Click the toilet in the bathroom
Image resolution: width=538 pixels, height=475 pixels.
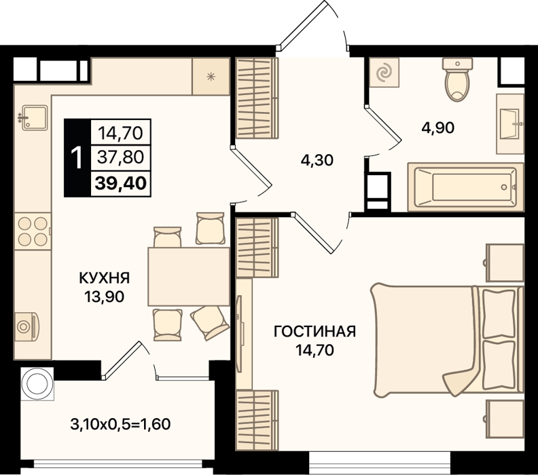point(457,79)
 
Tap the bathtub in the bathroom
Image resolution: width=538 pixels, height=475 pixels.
point(465,187)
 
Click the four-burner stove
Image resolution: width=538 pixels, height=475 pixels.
point(33,231)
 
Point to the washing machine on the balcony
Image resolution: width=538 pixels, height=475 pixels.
point(37,384)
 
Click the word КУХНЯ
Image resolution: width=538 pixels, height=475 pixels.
point(105,278)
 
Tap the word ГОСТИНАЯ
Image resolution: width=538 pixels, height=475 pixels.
point(315,332)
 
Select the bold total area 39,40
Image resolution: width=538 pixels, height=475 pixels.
point(121,183)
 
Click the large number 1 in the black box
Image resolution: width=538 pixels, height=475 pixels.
point(77,157)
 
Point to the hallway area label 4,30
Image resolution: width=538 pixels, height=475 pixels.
point(317,160)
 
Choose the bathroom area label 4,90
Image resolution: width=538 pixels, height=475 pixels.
point(438,128)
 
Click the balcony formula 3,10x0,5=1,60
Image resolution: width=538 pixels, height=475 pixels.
point(120,424)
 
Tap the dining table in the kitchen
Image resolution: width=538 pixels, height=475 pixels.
point(189,277)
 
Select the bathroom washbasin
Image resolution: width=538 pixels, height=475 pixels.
point(510,123)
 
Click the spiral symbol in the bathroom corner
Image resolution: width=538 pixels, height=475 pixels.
point(384,73)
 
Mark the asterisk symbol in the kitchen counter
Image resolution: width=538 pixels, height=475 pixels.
point(211,77)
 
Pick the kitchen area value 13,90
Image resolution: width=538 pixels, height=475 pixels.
point(105,297)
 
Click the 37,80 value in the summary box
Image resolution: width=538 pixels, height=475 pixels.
point(120,157)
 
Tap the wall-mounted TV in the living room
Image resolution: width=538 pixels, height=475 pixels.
point(240,333)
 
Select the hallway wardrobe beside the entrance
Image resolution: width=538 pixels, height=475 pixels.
point(257,98)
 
